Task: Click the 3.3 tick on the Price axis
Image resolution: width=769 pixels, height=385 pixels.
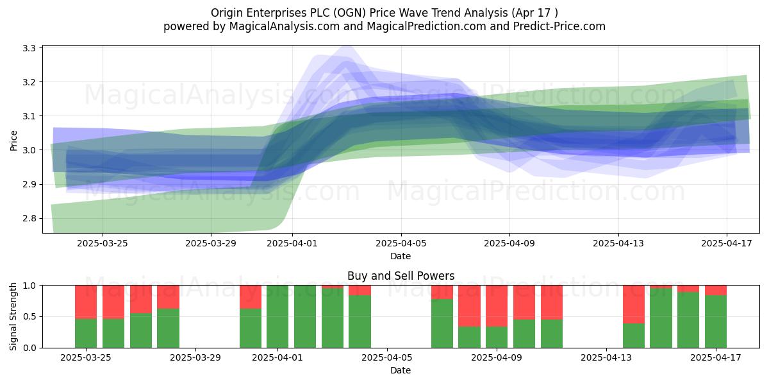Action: tap(29, 48)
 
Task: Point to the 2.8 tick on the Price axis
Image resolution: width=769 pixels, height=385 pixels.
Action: tap(29, 218)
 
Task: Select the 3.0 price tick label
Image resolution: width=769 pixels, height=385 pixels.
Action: tap(29, 150)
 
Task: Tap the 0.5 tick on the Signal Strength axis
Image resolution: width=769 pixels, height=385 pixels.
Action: tap(29, 316)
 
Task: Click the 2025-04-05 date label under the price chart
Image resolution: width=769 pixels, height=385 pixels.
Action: tap(401, 243)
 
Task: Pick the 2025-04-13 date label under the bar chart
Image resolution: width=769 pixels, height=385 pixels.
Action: tap(606, 357)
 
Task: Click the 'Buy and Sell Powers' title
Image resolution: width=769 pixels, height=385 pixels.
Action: tap(401, 276)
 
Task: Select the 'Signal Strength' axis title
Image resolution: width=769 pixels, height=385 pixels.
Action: tap(13, 316)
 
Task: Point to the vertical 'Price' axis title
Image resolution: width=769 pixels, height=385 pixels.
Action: tap(13, 141)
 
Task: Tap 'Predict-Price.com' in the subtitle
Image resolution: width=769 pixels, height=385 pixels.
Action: tap(559, 26)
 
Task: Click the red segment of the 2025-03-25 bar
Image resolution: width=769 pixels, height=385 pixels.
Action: tap(86, 302)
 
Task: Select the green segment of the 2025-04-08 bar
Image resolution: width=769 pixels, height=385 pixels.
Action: tap(469, 337)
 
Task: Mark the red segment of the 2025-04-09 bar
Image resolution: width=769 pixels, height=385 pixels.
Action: tap(497, 305)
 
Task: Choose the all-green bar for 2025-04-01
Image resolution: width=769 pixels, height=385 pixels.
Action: tap(277, 316)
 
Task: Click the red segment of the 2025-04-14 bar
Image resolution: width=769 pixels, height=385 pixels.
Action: tap(634, 304)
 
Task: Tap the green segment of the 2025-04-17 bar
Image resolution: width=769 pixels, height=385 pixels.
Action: tap(716, 321)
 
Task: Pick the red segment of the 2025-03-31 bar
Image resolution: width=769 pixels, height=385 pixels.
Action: tap(251, 297)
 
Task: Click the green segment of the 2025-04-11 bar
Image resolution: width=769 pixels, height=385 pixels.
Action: tap(552, 334)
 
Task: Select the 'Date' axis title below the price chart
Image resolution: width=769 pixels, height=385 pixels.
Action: tap(401, 256)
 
